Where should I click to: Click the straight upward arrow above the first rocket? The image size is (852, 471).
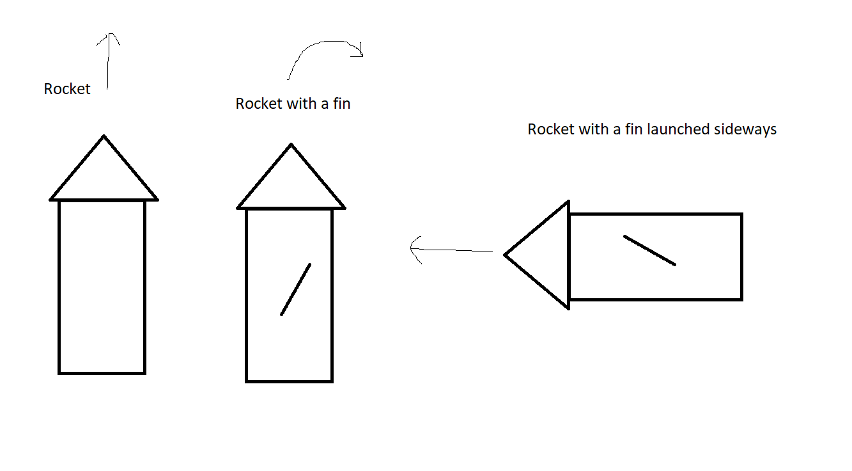click(109, 61)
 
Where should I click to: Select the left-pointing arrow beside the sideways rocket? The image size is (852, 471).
click(451, 250)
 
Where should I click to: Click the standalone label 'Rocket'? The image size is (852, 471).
click(67, 89)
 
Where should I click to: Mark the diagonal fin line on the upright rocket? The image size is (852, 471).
click(296, 289)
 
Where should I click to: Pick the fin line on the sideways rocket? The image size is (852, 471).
click(649, 250)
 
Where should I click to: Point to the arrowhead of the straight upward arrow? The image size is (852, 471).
click(110, 37)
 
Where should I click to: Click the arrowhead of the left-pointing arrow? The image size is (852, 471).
click(415, 249)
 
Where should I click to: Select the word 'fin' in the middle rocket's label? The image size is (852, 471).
click(341, 104)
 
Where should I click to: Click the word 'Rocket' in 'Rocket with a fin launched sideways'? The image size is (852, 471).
click(551, 129)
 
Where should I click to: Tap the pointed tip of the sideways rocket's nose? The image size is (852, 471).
click(506, 255)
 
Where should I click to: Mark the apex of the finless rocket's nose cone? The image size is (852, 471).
click(104, 136)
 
